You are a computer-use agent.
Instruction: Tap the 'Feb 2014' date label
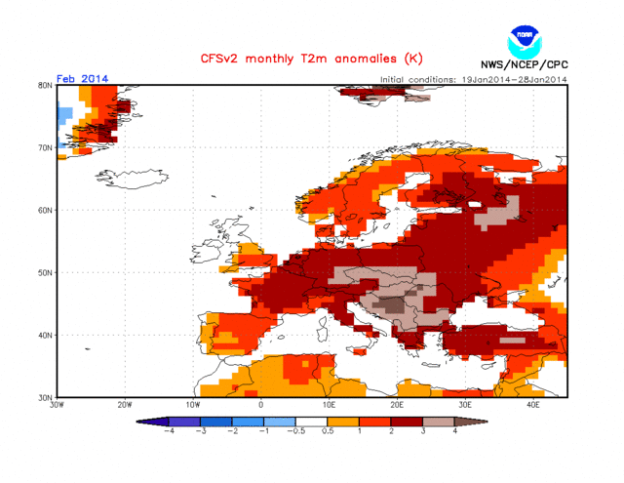coord(83,78)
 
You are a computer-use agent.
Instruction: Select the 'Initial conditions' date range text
coord(472,79)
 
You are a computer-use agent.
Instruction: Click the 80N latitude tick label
coord(45,85)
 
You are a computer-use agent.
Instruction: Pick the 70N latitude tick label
coord(45,147)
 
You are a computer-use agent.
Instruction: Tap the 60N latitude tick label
coord(45,210)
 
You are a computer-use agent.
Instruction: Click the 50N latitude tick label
coord(45,272)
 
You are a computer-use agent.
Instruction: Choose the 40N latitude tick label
coord(45,335)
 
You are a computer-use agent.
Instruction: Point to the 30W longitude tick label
coord(57,404)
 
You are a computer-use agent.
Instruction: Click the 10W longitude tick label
coord(192,404)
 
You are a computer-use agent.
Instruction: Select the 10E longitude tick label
coord(330,404)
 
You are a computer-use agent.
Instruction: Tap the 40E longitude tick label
coord(533,404)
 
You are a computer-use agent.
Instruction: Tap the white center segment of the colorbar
coord(311,421)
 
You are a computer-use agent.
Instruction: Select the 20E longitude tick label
coord(397,404)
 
